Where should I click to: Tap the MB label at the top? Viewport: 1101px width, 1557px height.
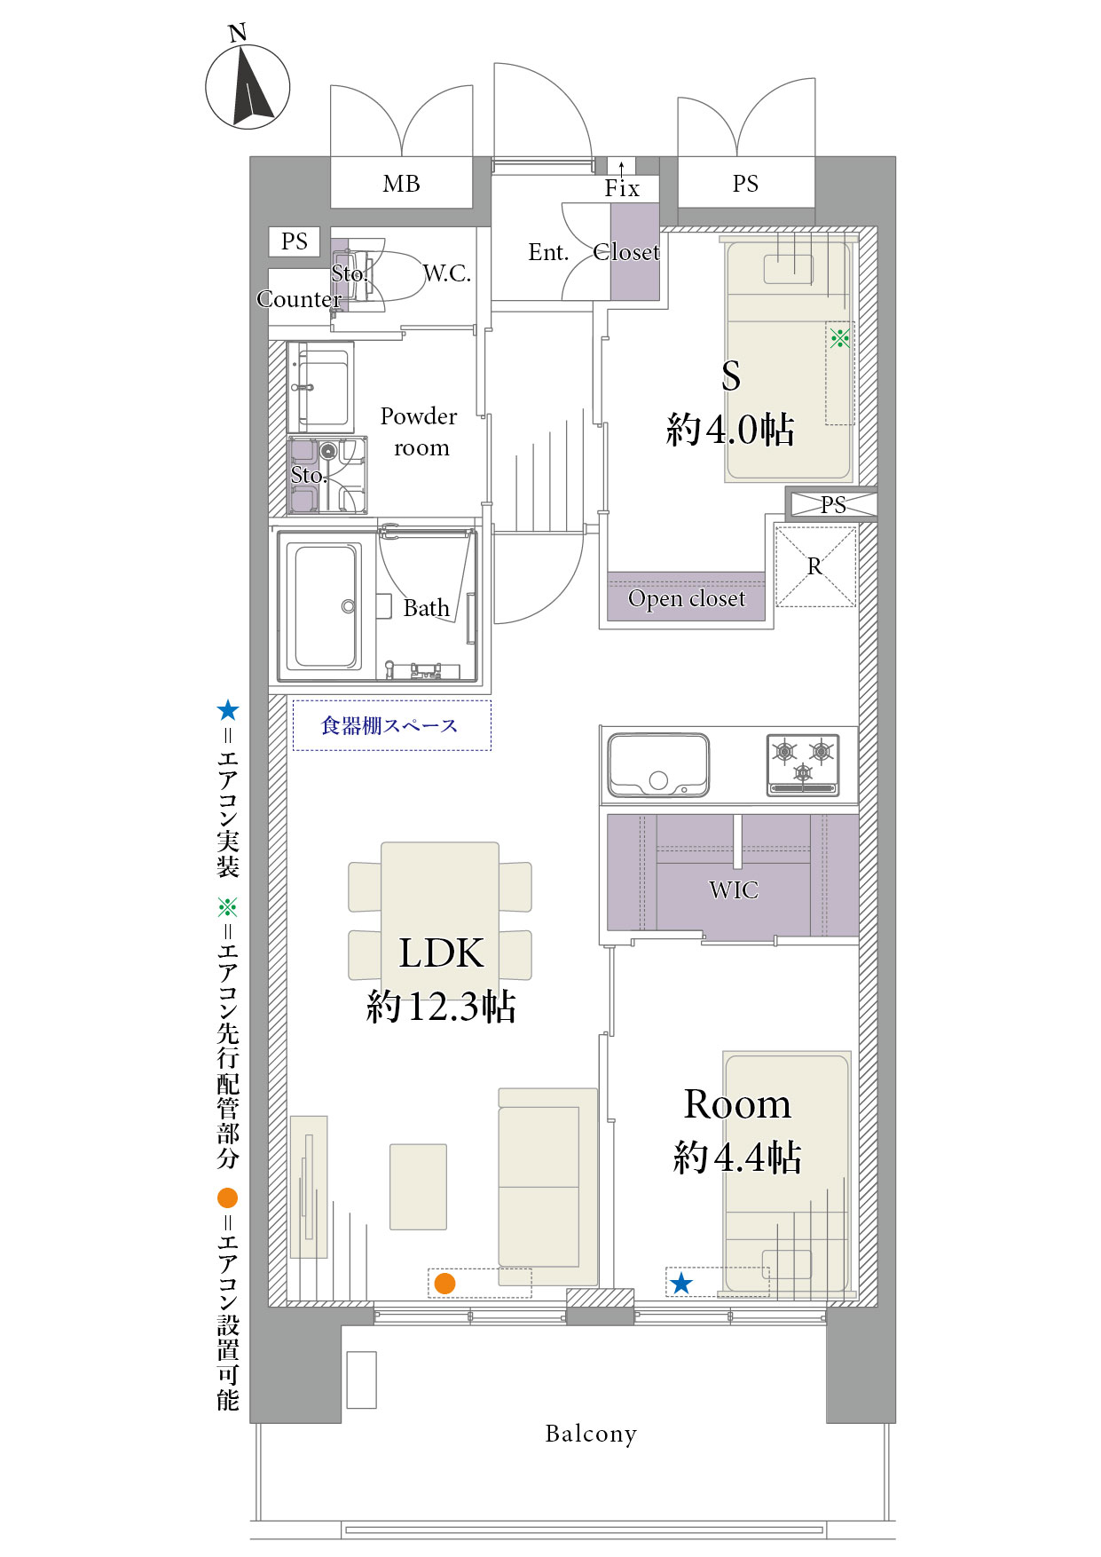click(x=401, y=184)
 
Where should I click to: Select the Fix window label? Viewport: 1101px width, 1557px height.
click(x=622, y=188)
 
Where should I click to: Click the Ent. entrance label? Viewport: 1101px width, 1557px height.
click(x=548, y=253)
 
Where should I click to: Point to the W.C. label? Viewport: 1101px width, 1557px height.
click(x=446, y=273)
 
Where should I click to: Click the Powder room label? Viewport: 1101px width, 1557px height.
click(x=419, y=432)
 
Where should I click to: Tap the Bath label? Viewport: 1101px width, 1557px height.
click(x=427, y=608)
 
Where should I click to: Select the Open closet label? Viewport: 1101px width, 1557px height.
click(x=687, y=599)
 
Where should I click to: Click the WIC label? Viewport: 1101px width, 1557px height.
click(x=734, y=889)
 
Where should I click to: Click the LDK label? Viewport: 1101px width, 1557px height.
click(x=441, y=953)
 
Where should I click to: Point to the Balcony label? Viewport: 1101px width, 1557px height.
click(x=591, y=1434)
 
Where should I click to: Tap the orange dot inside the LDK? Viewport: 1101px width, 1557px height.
click(x=444, y=1283)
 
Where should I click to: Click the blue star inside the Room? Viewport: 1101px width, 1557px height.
click(x=680, y=1283)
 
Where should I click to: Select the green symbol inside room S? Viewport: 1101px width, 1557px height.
click(x=839, y=337)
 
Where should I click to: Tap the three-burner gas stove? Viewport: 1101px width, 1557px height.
click(x=803, y=764)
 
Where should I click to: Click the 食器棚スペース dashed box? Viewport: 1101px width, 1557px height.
click(x=391, y=725)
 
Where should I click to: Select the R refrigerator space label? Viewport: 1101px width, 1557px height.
click(x=814, y=566)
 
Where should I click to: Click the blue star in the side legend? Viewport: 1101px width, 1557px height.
click(x=228, y=710)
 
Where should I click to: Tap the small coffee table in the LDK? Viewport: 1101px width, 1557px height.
click(x=418, y=1187)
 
